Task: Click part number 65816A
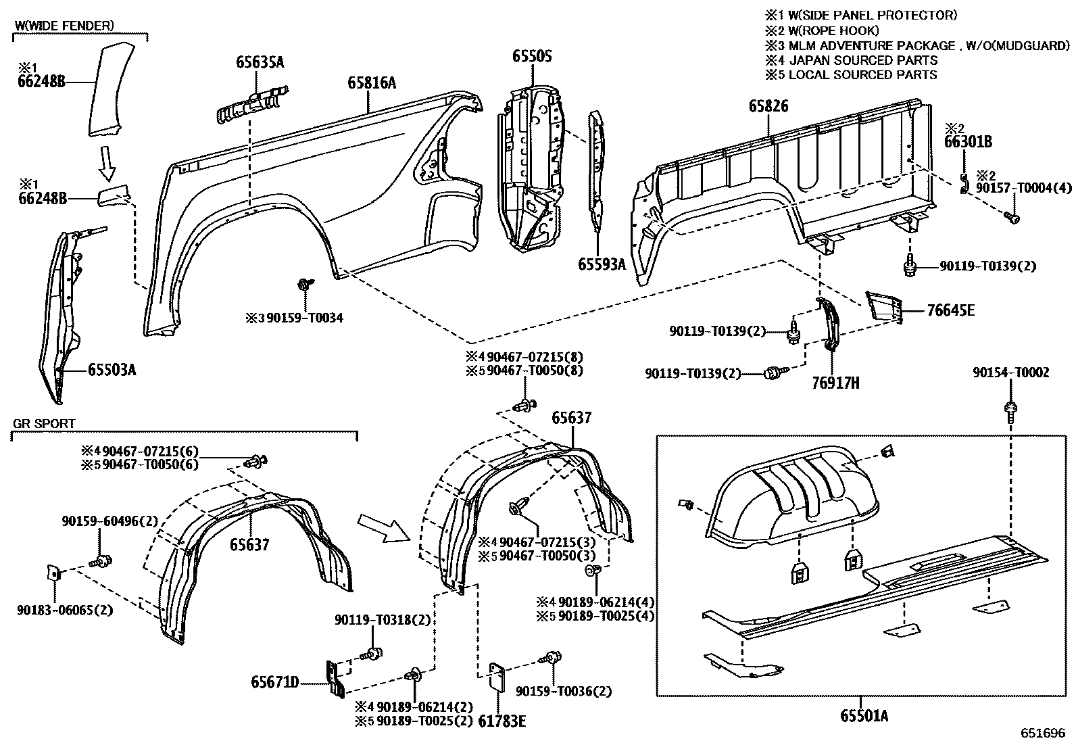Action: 371,83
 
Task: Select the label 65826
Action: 768,106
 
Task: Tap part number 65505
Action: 531,56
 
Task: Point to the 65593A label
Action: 602,264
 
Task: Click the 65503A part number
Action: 112,369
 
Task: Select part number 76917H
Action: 835,383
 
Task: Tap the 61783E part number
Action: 502,721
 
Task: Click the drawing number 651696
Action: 1043,733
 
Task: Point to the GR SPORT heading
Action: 44,424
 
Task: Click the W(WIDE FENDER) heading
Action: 64,25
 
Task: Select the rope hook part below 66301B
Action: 964,183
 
